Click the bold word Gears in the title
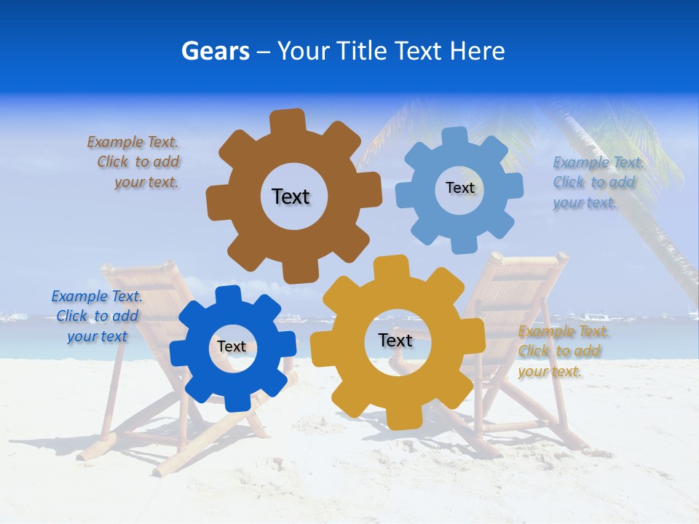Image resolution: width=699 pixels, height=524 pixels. tap(215, 51)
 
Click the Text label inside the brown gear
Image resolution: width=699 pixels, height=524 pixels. tap(291, 196)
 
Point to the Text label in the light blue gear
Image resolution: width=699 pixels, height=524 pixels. tap(459, 188)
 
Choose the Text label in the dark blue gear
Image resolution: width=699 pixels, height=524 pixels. tap(232, 346)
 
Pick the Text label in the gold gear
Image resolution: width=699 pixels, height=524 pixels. tap(395, 340)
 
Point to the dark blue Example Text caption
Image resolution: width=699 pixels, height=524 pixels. tap(96, 316)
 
